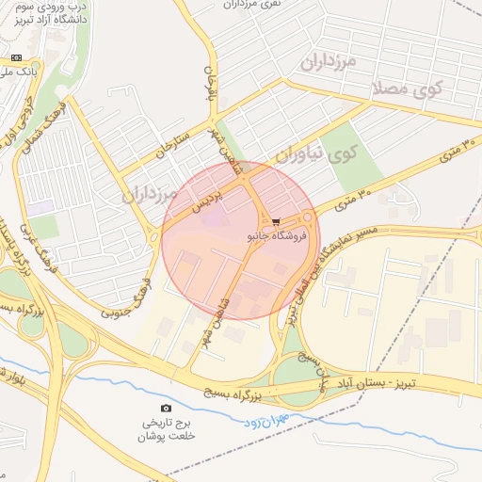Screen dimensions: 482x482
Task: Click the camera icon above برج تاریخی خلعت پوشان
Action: [x=167, y=408]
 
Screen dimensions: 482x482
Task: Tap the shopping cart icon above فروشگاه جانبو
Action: [x=275, y=223]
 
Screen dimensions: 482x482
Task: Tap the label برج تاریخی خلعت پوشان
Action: [x=166, y=429]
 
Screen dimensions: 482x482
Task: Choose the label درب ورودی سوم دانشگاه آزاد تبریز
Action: [x=53, y=13]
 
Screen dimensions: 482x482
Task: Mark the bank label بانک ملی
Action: [x=19, y=71]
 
